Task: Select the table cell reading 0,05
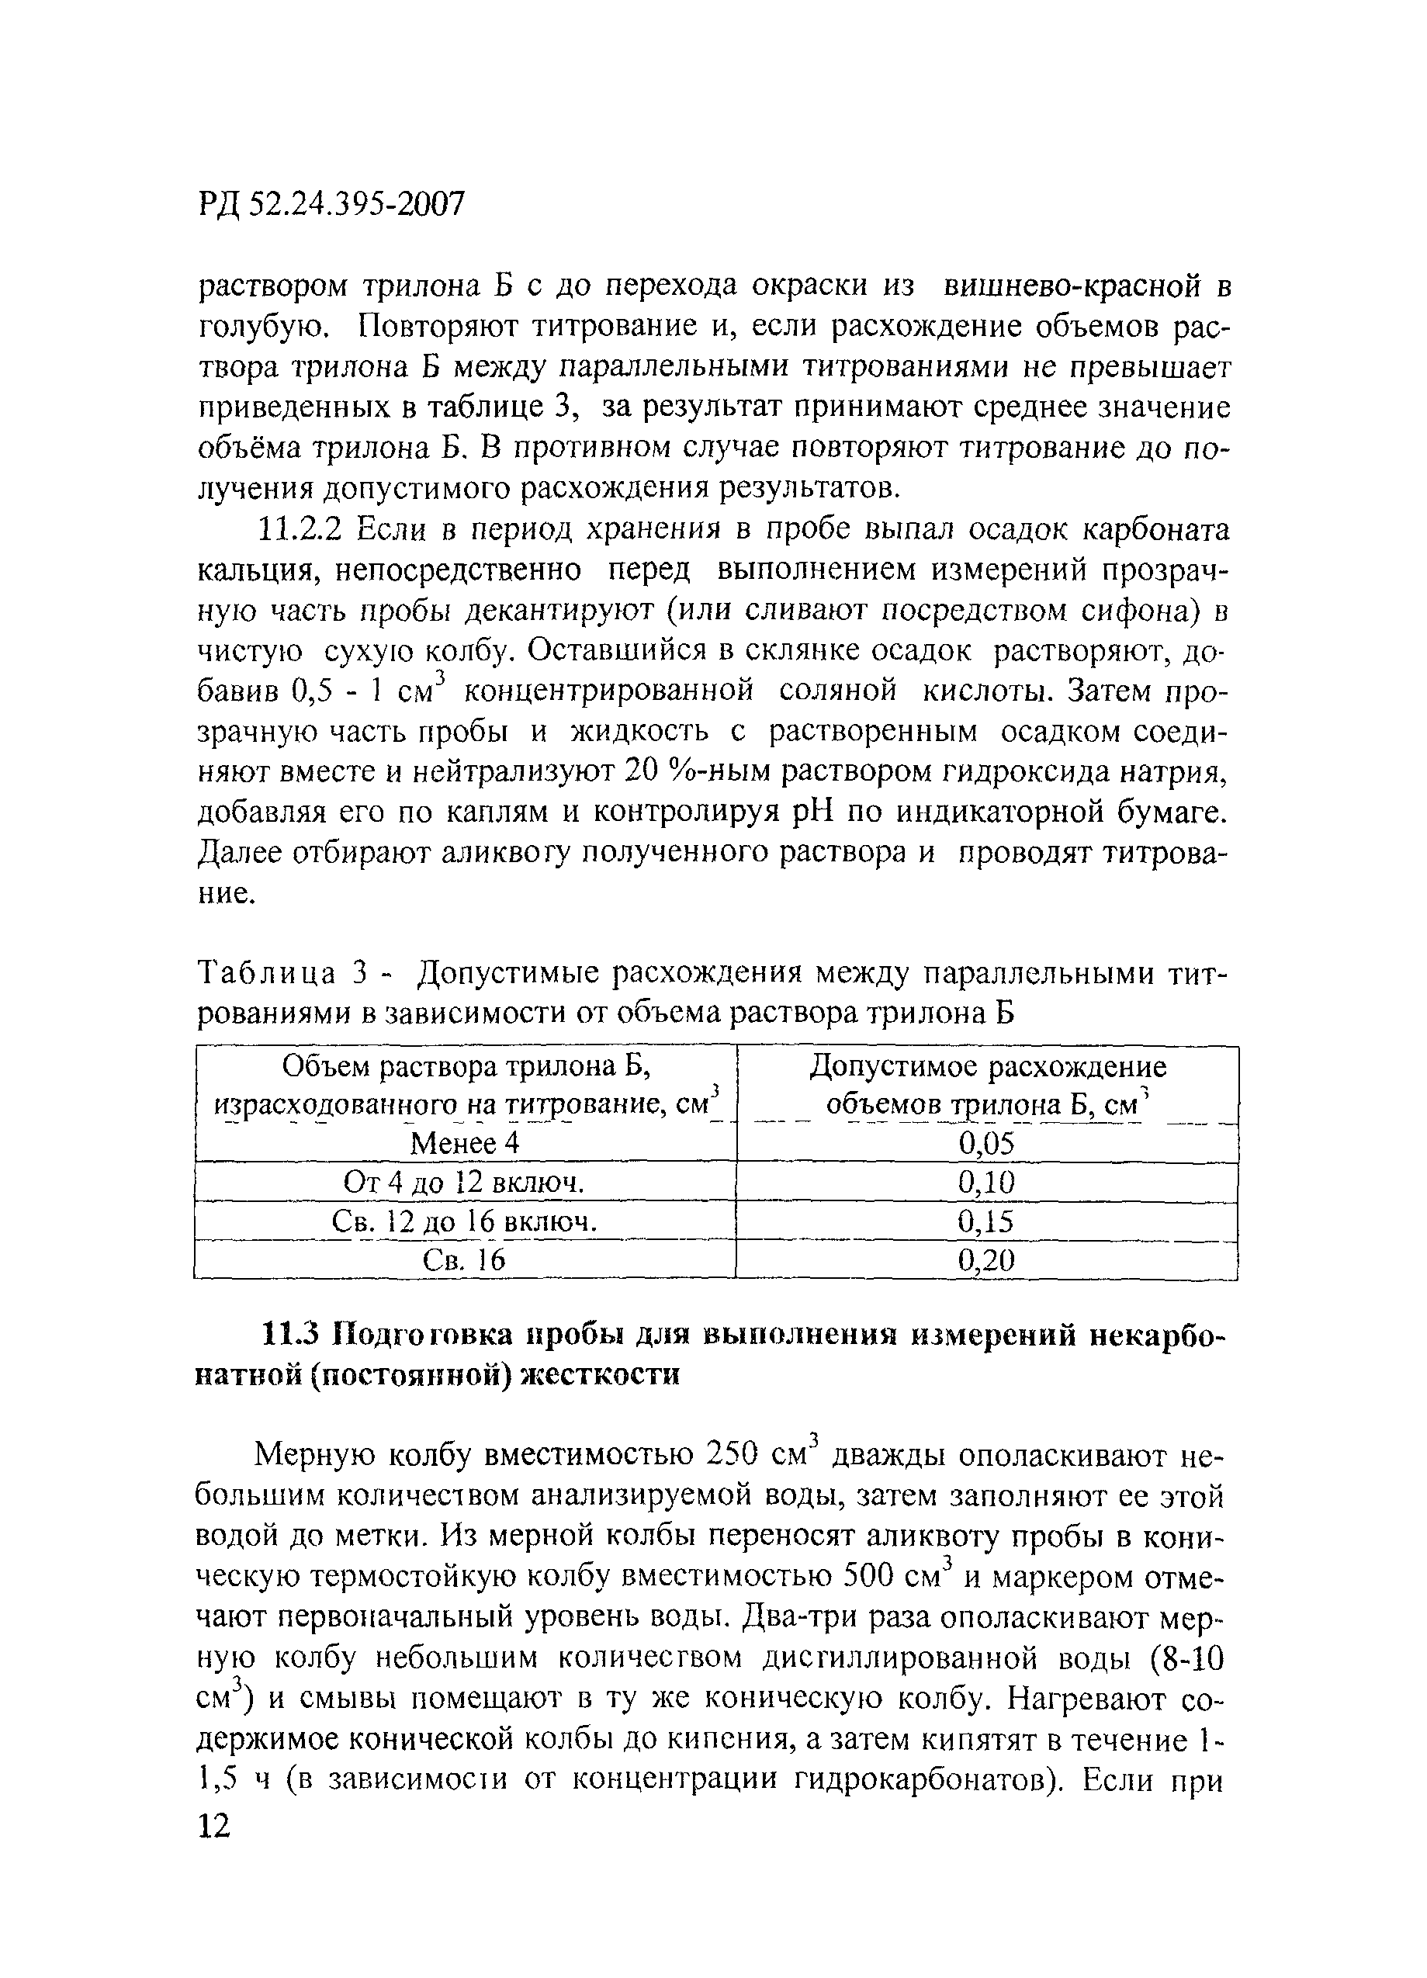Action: pyautogui.click(x=986, y=1143)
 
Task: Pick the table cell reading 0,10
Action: pyautogui.click(x=986, y=1183)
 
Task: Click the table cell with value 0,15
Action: pyautogui.click(x=986, y=1222)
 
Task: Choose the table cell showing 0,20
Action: pyautogui.click(x=986, y=1260)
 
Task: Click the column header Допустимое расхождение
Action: pyautogui.click(x=987, y=1067)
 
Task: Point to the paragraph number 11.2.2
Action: pyautogui.click(x=303, y=530)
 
